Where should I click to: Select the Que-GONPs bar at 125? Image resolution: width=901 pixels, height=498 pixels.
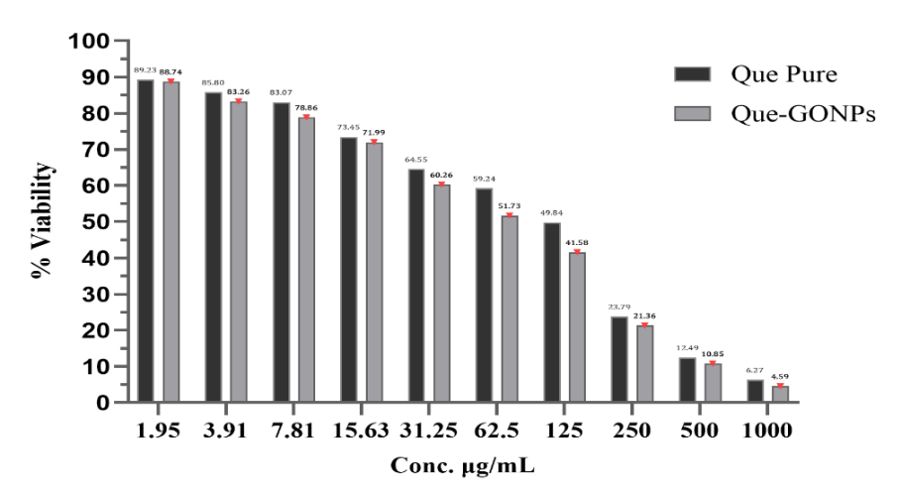coord(577,327)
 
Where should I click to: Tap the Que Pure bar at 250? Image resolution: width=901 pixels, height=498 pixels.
coord(619,359)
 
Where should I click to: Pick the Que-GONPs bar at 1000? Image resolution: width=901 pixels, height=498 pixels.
coord(780,394)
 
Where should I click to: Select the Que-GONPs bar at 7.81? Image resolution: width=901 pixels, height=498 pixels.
coord(306,260)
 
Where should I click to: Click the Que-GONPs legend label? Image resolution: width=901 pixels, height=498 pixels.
coord(803,114)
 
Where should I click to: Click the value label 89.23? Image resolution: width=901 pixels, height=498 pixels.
coord(146,69)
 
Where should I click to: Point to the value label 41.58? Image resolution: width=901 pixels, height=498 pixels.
coord(578,241)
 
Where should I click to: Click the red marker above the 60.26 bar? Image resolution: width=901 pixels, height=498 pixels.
coord(442,183)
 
